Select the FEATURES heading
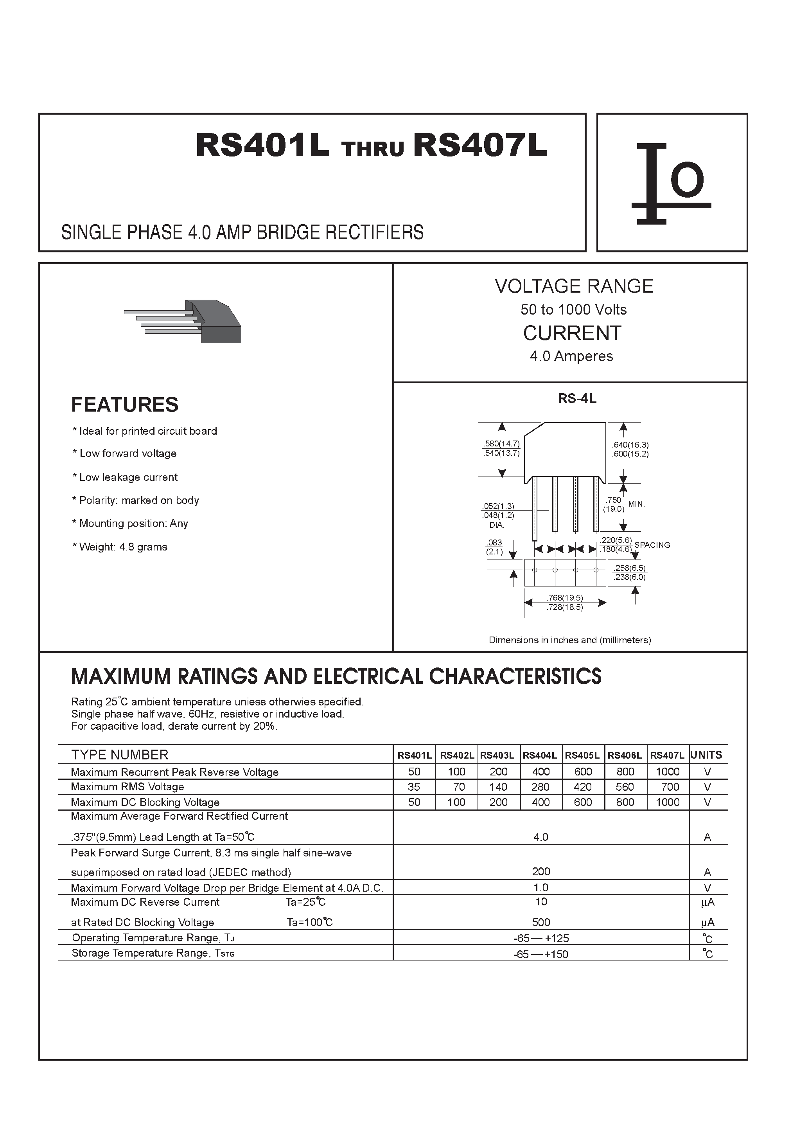click(x=124, y=405)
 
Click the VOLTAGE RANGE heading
click(x=574, y=286)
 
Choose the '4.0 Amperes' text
click(x=571, y=356)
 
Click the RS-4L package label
click(x=577, y=399)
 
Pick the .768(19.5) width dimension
click(x=564, y=597)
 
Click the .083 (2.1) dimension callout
click(x=495, y=547)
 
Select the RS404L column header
click(x=540, y=755)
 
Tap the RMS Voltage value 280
click(x=540, y=787)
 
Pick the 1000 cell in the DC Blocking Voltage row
click(x=668, y=802)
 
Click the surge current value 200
click(x=541, y=871)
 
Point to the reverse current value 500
click(x=541, y=922)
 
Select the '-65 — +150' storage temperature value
click(x=541, y=954)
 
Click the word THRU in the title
click(x=373, y=149)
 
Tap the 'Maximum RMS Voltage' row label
click(x=127, y=787)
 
